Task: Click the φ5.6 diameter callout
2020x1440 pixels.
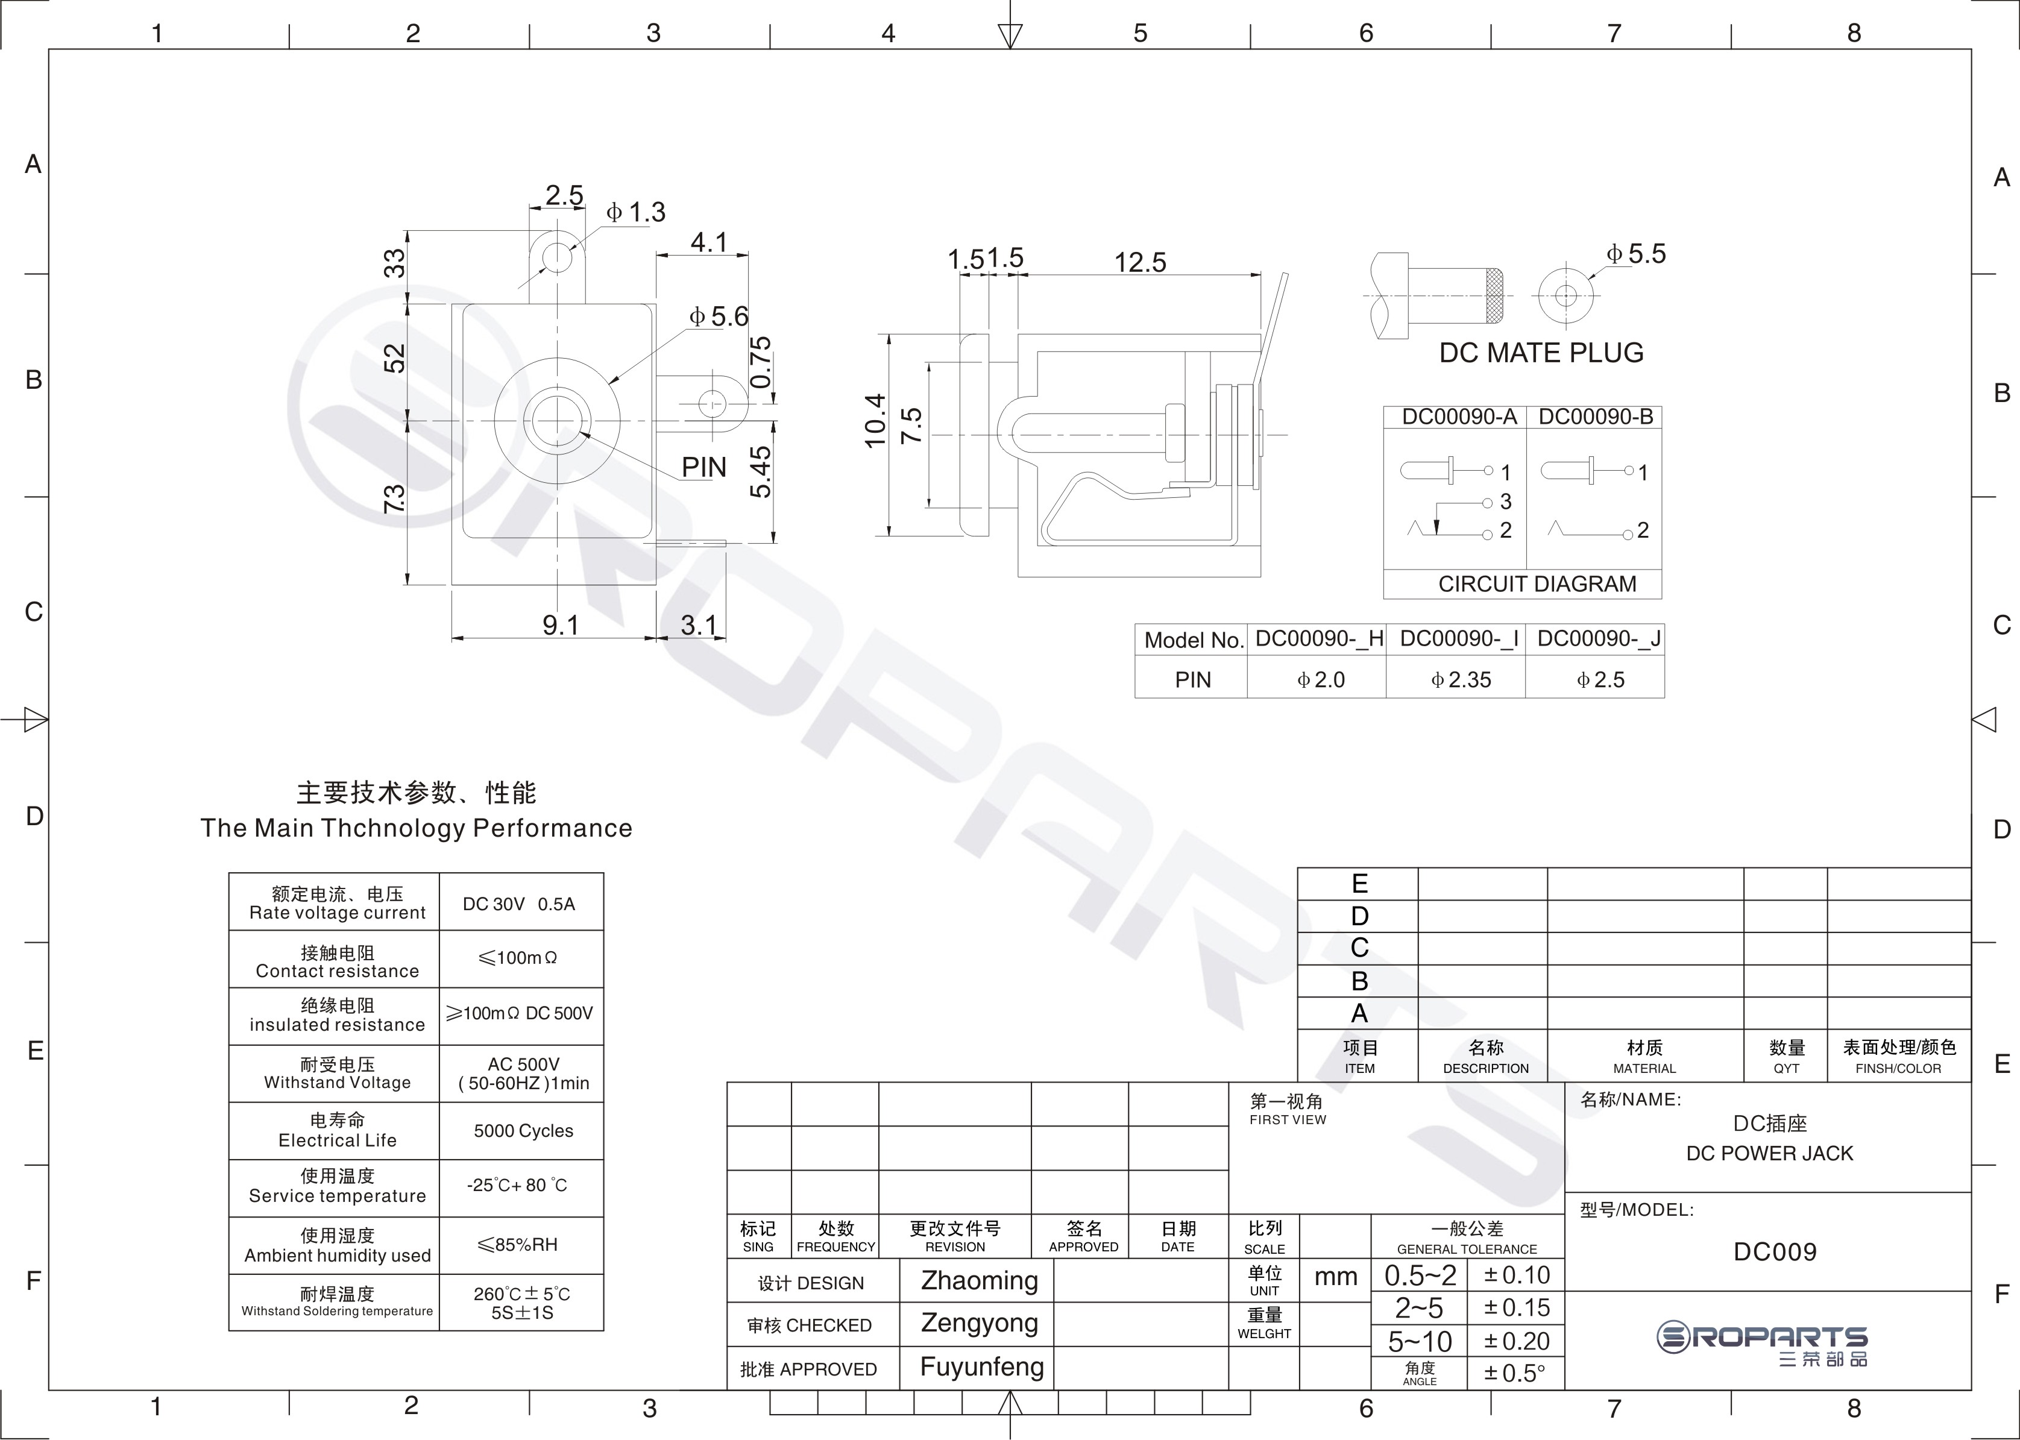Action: pos(719,316)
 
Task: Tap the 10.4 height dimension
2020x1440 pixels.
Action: pos(875,421)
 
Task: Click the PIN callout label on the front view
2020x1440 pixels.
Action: pos(704,467)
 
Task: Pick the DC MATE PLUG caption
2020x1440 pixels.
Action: pos(1541,353)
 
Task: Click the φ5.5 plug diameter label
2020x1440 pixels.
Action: pos(1637,254)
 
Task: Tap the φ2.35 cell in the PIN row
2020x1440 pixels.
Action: pos(1461,680)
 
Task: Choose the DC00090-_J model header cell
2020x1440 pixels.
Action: pos(1599,640)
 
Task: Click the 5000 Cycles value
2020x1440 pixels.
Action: pos(523,1131)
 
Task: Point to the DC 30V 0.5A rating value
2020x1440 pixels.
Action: pos(519,904)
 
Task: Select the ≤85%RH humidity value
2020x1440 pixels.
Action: pos(518,1245)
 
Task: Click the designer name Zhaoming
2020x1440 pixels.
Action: pos(979,1280)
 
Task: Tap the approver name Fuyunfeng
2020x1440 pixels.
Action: pos(981,1367)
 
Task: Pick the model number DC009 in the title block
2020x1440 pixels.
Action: pos(1775,1252)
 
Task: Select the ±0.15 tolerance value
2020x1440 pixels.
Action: pos(1517,1308)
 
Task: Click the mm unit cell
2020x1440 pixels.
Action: pos(1335,1277)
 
